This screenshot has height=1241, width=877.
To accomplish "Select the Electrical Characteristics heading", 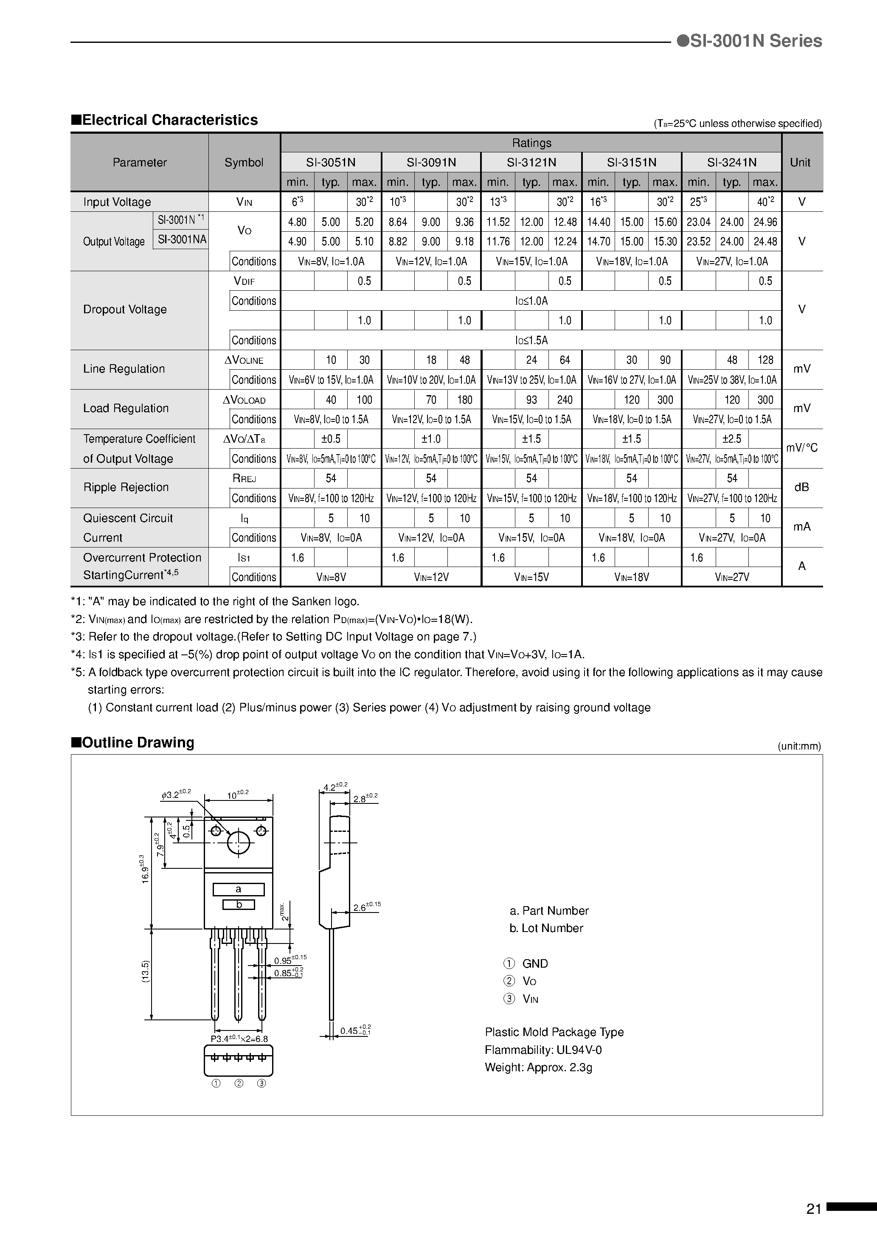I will pyautogui.click(x=164, y=120).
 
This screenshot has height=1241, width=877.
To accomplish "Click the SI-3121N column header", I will pyautogui.click(x=531, y=162).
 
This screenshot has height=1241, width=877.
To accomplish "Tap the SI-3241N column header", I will pyautogui.click(x=731, y=162).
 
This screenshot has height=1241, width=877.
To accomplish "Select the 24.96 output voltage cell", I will pyautogui.click(x=765, y=222).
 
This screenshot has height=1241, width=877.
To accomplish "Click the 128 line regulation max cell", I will pyautogui.click(x=765, y=360).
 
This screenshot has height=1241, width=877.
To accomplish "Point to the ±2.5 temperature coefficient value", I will pyautogui.click(x=731, y=439).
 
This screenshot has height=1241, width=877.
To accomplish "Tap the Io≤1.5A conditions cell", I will pyautogui.click(x=531, y=340).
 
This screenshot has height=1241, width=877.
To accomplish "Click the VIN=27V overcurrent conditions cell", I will pyautogui.click(x=731, y=577).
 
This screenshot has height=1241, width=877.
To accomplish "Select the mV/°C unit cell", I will pyautogui.click(x=802, y=448).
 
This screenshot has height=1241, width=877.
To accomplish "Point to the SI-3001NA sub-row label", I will pyautogui.click(x=182, y=239).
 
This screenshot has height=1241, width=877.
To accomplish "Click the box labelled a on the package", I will pyautogui.click(x=239, y=889).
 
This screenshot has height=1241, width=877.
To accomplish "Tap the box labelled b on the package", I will pyautogui.click(x=239, y=905).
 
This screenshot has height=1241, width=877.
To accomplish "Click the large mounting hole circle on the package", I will pyautogui.click(x=239, y=842).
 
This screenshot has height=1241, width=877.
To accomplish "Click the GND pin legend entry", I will pyautogui.click(x=534, y=964).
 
